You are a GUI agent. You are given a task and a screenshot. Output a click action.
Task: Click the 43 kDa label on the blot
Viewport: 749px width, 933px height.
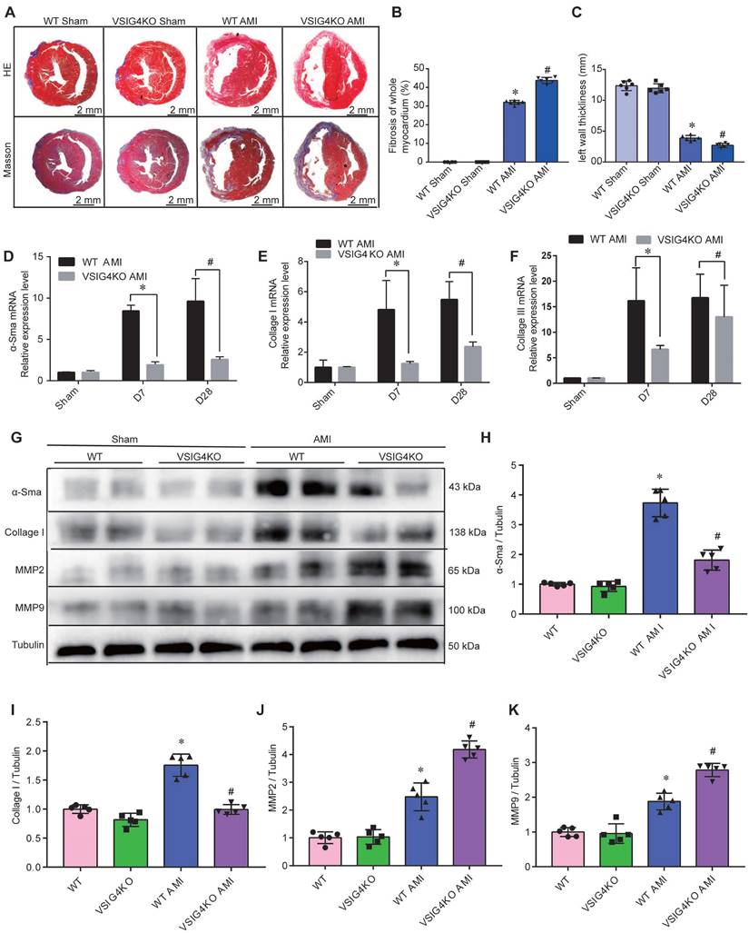click(x=464, y=488)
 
